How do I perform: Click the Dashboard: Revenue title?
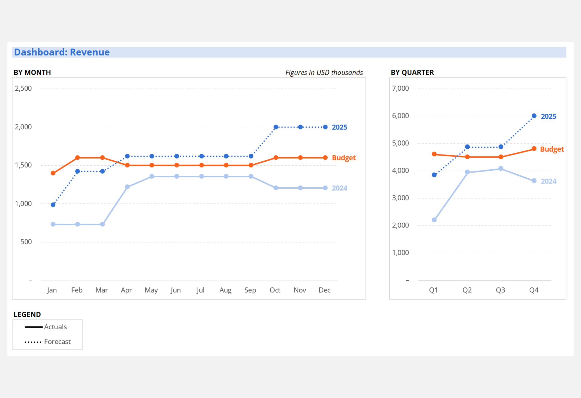point(62,52)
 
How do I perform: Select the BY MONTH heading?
point(32,73)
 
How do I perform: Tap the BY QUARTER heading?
point(412,73)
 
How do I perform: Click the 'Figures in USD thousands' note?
point(324,73)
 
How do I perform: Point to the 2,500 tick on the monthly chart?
point(23,89)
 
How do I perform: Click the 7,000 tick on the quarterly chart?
point(400,89)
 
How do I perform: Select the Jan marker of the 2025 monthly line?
point(53,205)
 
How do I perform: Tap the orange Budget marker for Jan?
point(53,173)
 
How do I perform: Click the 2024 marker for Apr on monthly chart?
point(127,187)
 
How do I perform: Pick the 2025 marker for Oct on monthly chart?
point(276,127)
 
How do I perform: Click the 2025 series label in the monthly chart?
point(339,127)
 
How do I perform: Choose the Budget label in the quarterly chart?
point(552,149)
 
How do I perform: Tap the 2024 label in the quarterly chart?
point(549,181)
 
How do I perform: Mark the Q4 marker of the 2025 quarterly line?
point(534,116)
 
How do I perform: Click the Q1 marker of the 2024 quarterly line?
point(434,220)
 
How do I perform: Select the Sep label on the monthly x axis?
point(250,290)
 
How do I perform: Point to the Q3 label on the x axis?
point(501,290)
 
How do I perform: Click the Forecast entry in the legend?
point(57,342)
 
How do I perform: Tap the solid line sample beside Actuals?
point(33,327)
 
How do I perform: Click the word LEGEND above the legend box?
point(27,315)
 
